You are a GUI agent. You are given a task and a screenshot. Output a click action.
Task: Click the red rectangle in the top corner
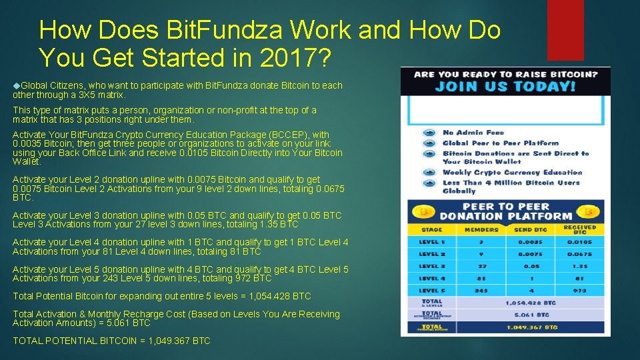tap(565, 29)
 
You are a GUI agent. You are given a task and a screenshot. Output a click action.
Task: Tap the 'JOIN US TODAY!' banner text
tap(505, 87)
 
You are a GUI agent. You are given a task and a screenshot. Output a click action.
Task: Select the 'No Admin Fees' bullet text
tap(473, 133)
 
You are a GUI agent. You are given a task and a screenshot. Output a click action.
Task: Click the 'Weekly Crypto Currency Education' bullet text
tap(512, 172)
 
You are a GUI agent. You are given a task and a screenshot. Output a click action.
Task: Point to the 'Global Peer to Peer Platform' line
tap(501, 143)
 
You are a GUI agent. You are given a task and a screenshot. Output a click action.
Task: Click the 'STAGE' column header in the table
tap(431, 229)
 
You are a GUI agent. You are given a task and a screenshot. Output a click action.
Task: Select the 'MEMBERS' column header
tap(481, 229)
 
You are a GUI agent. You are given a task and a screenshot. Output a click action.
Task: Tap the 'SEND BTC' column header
tap(531, 229)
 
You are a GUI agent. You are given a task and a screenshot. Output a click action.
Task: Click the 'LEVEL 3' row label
tap(431, 266)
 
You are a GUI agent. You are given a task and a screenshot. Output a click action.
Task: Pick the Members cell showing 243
tap(481, 291)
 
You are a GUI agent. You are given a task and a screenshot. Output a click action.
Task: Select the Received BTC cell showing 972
tap(579, 291)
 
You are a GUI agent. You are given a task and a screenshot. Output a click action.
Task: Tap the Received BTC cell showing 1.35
tap(579, 266)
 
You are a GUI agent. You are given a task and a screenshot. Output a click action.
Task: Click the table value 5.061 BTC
tap(533, 315)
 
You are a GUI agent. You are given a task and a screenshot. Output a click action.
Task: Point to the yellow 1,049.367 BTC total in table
tap(533, 327)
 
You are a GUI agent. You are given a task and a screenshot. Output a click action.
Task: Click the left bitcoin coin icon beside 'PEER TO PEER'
tap(423, 211)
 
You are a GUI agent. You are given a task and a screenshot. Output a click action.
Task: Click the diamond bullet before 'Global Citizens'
tap(16, 85)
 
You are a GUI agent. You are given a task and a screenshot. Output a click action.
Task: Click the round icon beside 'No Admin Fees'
tap(428, 133)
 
